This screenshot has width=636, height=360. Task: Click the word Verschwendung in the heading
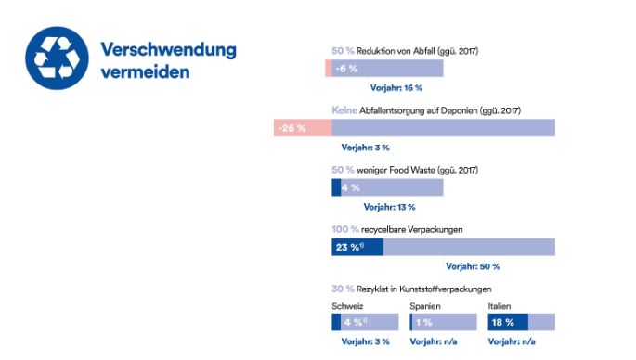[x=167, y=48]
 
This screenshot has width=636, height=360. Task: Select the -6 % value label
[x=346, y=69]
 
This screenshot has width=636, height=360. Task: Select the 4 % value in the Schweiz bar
[x=353, y=322]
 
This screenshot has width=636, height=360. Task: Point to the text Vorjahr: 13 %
[x=389, y=207]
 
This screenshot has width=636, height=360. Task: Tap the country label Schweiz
[x=347, y=305]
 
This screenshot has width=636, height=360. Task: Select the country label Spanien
[x=425, y=305]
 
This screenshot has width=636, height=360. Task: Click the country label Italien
[x=500, y=305]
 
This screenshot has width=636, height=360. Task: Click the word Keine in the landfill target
[x=344, y=110]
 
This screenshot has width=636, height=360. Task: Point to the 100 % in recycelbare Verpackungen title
[x=345, y=229]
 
